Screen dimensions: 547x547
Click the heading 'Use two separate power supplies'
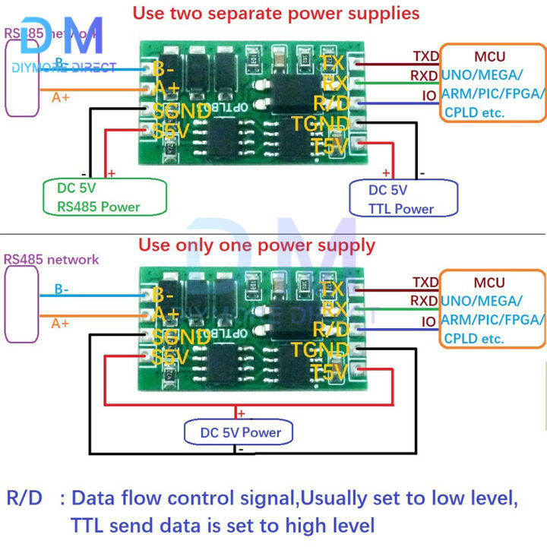276,13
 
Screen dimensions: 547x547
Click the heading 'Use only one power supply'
256,245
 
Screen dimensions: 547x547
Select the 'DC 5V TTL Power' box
402,199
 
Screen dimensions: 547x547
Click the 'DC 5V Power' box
242,432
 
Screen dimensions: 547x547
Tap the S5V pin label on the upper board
170,131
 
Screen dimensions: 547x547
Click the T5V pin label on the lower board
328,372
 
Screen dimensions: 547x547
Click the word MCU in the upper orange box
489,56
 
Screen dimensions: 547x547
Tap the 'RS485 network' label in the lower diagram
52,259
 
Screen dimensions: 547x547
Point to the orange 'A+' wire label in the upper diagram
62,97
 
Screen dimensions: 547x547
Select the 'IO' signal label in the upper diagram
429,96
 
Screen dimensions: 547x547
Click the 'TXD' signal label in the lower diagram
424,282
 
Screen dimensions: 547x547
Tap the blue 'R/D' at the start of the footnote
25,498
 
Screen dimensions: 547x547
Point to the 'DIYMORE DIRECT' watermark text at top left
65,68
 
